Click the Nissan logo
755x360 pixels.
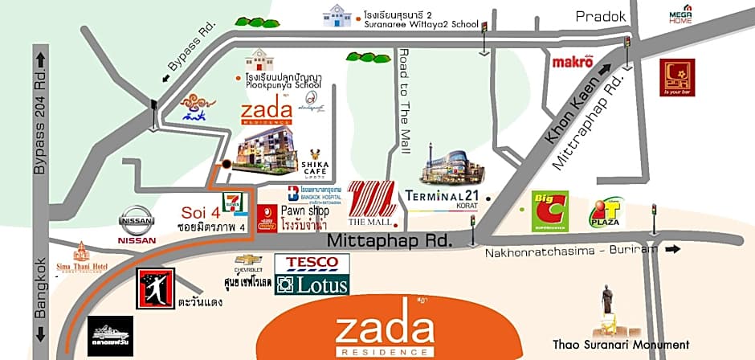[x=137, y=220]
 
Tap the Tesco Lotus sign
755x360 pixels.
[x=312, y=274]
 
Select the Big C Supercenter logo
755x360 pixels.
[x=550, y=211]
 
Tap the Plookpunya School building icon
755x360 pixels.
[x=259, y=61]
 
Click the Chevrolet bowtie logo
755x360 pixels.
[x=249, y=260]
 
